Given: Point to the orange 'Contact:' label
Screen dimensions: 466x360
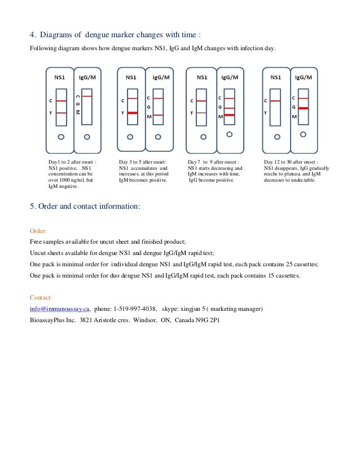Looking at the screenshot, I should click(41, 297).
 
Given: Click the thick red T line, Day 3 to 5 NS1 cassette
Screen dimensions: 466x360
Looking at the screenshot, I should click(133, 113).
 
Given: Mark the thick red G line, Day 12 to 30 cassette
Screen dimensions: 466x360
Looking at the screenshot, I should click(303, 107).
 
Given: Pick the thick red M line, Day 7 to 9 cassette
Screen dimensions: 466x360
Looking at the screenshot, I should click(229, 115).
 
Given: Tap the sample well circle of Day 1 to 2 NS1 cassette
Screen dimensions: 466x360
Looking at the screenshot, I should click(61, 137).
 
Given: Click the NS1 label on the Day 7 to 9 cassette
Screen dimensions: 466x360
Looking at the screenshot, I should click(201, 77).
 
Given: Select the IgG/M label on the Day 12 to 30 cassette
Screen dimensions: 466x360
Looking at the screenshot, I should click(303, 77).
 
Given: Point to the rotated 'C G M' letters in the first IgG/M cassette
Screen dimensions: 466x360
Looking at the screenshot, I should click(77, 104).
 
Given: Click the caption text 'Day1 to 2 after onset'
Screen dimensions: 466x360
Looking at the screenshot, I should click(72, 162).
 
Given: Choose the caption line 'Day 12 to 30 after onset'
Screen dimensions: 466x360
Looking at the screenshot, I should click(291, 162).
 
